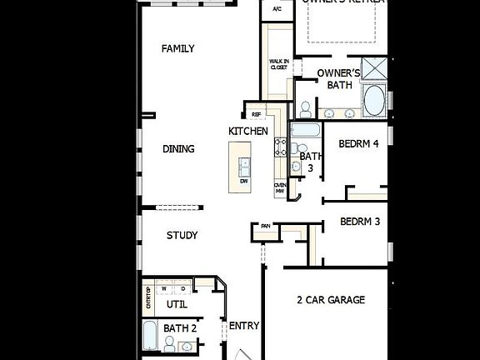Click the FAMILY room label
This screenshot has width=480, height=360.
177,49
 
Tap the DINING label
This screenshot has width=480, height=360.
178,149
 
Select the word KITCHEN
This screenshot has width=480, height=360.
248,132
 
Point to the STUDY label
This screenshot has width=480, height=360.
182,236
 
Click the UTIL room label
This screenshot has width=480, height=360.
177,305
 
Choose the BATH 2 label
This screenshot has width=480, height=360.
180,329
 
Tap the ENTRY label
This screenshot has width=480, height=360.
244,326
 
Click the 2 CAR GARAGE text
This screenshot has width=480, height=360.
331,300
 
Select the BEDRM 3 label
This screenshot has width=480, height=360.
360,222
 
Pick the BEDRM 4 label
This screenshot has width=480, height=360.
359,144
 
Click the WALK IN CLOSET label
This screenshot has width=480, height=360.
278,65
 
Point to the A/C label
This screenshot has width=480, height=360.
277,10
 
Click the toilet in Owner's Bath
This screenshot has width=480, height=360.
305,109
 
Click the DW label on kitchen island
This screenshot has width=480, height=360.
244,181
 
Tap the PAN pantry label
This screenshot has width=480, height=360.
265,226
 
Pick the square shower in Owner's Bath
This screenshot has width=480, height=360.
374,68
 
